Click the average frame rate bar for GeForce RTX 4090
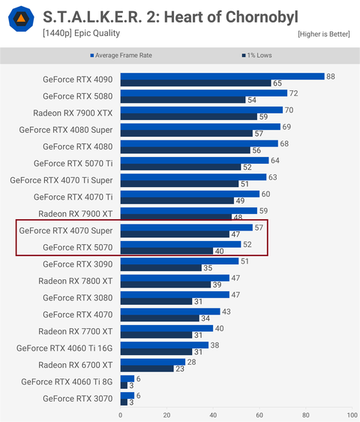coord(221,76)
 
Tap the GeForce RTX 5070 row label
coord(77,248)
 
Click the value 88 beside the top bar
coord(330,76)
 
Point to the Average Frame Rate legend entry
coord(123,56)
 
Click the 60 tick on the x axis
coord(259,414)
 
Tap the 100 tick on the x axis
coord(349,414)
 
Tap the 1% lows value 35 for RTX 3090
coord(207,267)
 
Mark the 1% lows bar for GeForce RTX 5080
coord(182,100)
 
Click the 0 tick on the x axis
coord(120,414)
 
